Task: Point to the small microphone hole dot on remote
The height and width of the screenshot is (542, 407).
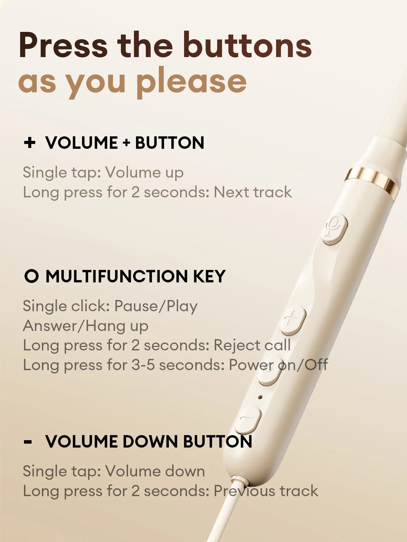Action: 260,397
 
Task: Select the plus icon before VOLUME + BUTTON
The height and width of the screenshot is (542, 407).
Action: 30,142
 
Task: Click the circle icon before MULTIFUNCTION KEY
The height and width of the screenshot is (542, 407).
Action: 31,276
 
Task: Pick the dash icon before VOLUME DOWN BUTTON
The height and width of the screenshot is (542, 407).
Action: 28,442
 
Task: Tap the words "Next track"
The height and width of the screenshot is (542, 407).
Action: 253,192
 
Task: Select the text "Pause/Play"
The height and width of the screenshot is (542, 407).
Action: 156,306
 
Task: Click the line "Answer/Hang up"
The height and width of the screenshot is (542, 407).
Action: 86,326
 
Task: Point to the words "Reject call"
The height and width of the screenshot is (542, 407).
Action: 252,345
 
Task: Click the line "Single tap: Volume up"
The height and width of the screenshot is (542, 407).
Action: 103,172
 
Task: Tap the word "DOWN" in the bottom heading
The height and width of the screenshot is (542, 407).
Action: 150,441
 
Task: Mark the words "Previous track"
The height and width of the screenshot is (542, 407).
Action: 266,491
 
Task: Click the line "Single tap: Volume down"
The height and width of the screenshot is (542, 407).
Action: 114,471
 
